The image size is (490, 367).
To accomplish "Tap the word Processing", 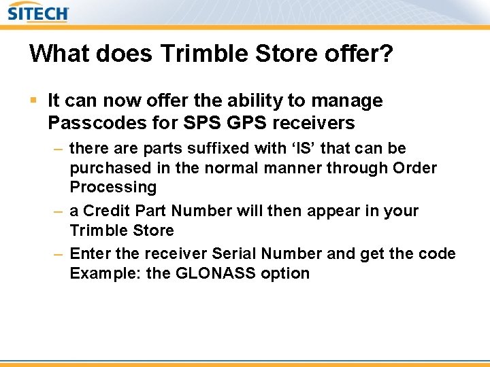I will (113, 187).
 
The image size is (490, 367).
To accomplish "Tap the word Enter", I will (89, 254).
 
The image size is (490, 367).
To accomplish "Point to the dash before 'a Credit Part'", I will (59, 211).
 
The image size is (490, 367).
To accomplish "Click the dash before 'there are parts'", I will (59, 148).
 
